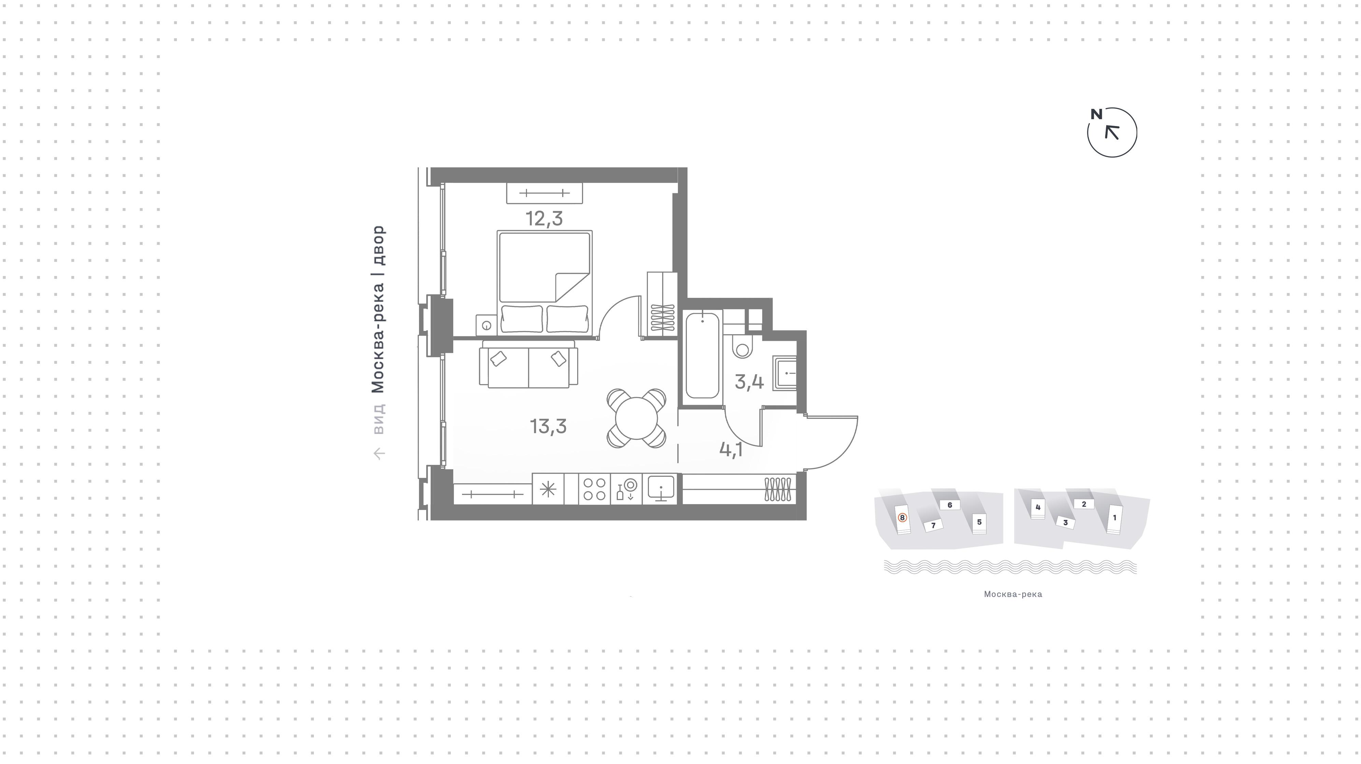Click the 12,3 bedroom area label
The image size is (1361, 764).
(544, 218)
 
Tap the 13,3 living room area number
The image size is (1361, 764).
(548, 426)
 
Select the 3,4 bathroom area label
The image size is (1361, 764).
(749, 381)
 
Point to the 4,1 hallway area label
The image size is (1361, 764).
(731, 450)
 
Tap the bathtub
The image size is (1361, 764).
(702, 355)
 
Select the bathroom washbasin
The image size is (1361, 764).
(784, 373)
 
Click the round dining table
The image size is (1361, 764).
(636, 418)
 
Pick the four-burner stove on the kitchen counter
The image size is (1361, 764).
(594, 489)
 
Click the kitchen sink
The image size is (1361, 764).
(661, 489)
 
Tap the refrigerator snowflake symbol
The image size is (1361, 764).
(548, 489)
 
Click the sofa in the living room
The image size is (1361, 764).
(528, 364)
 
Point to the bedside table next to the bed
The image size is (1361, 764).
(486, 325)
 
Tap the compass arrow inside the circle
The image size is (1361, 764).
(1112, 132)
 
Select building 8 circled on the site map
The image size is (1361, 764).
(902, 518)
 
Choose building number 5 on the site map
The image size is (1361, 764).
(979, 522)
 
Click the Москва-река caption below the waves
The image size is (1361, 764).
(1013, 594)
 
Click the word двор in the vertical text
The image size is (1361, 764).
(379, 245)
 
